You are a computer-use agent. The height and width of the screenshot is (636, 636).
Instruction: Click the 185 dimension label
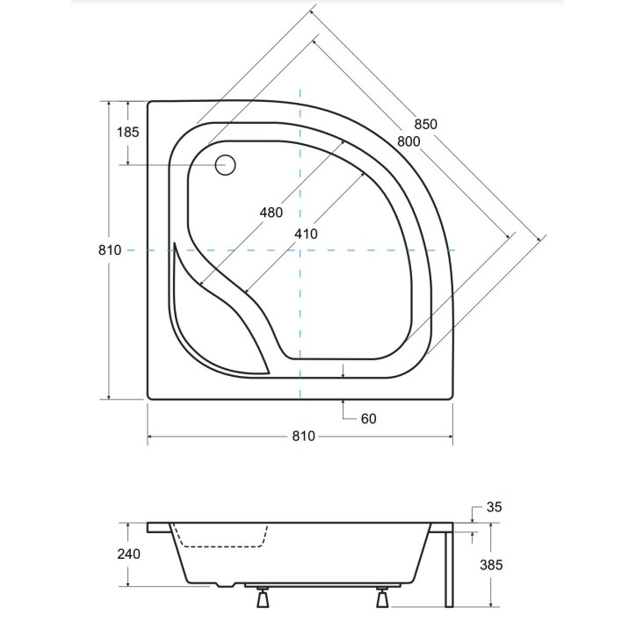(127, 134)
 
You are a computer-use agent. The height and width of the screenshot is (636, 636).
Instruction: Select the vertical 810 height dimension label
(109, 250)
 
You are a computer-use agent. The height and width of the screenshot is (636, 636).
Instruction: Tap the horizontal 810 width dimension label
(300, 437)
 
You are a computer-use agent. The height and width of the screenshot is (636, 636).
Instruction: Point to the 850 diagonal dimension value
(423, 124)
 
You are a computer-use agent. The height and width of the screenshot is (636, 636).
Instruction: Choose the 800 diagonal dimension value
(408, 141)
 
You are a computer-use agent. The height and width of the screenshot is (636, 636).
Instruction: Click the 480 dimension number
(271, 213)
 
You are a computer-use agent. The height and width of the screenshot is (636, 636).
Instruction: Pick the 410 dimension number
(305, 234)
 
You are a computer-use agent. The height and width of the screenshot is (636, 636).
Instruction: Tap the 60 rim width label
(368, 419)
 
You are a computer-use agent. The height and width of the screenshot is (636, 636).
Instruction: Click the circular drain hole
(227, 165)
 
